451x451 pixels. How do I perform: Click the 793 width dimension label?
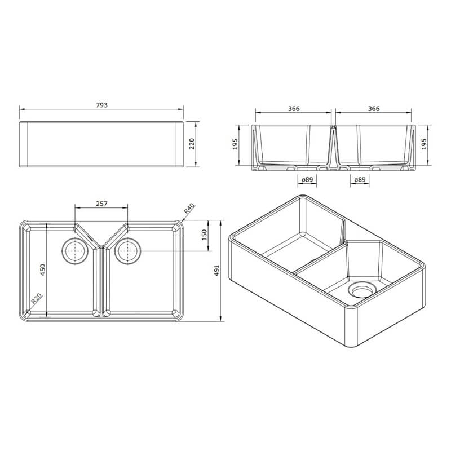click(101, 105)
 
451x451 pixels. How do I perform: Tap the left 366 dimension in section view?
click(293, 108)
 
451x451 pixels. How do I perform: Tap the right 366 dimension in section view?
click(373, 108)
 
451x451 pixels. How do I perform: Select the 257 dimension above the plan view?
click(101, 204)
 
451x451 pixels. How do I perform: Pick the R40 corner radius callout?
click(189, 211)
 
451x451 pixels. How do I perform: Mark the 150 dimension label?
click(205, 233)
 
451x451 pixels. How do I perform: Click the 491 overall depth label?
click(216, 271)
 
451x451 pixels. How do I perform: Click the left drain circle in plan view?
click(74, 250)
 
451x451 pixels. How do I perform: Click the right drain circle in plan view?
click(127, 250)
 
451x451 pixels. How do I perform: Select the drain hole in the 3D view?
click(361, 290)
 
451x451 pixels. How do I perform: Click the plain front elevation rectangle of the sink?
click(101, 144)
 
